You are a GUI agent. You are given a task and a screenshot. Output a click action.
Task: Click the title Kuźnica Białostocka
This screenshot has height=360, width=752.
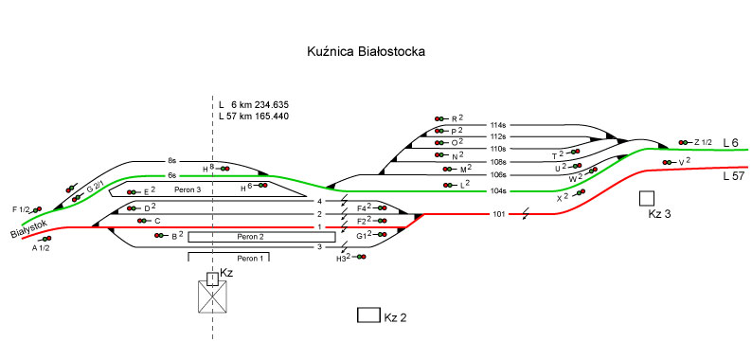click(366, 52)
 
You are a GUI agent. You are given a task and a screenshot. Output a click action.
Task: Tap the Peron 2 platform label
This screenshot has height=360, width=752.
click(250, 237)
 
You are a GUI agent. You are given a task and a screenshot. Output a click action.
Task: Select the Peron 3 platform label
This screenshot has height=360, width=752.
click(187, 189)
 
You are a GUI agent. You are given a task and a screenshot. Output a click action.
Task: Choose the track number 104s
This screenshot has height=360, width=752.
click(499, 191)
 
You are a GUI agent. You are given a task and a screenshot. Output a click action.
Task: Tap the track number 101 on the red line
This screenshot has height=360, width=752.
click(499, 214)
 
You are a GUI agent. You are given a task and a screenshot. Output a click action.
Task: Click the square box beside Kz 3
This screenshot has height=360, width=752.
click(647, 198)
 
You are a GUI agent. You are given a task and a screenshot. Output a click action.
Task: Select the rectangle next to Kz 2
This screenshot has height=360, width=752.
click(368, 315)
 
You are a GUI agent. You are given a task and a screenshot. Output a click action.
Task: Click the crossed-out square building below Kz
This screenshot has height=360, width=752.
click(212, 297)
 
